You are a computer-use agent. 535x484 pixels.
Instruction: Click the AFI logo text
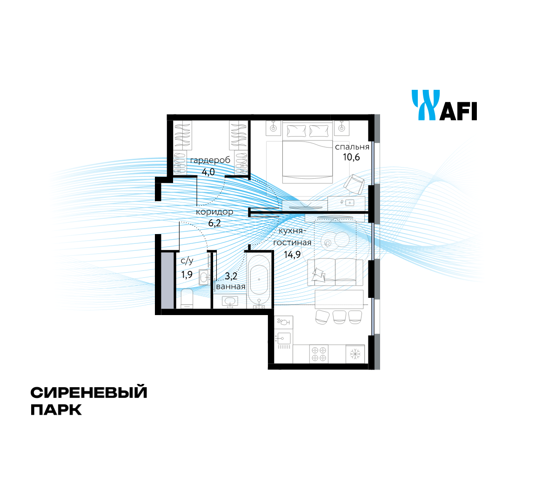458,112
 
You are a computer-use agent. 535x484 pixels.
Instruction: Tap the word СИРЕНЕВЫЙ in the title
89,393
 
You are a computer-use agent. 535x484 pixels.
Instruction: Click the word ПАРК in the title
56,410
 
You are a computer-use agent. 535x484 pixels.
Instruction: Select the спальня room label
352,147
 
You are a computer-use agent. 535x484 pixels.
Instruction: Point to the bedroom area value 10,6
352,157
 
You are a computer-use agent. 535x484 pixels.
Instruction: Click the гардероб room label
210,160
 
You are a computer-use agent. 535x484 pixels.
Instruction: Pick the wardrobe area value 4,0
208,171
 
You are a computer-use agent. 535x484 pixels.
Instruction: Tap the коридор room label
214,212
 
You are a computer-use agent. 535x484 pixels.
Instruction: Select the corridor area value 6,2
214,223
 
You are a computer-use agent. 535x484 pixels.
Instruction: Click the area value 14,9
292,254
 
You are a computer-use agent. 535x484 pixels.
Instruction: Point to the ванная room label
231,286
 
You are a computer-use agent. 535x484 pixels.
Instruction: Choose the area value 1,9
187,274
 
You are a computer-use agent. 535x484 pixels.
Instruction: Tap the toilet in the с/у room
187,298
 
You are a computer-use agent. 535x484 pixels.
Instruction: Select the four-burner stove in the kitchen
319,354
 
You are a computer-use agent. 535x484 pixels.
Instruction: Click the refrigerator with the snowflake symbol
355,354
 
